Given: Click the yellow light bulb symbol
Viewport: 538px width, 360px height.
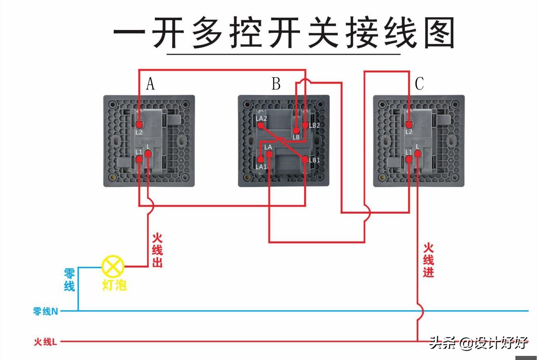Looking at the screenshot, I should coord(113,266).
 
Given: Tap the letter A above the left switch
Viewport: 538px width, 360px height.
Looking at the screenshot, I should coord(150,84).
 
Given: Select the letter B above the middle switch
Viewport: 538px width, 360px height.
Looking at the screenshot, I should coord(276,84).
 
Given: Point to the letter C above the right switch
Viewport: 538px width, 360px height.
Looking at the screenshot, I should coord(419,84).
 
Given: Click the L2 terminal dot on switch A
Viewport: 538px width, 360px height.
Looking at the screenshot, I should coord(139,124).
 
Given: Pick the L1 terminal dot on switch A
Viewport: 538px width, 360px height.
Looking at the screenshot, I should coord(139,159).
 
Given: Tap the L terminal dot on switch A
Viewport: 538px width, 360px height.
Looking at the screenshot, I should coord(148,154).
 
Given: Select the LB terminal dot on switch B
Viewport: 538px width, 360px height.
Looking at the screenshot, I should coord(296,131).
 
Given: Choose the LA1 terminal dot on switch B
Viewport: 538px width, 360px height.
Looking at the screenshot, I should coord(260,159).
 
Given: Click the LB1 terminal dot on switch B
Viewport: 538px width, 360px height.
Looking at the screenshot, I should coord(305,159).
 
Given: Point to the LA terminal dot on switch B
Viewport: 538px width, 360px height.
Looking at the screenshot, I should coord(269,154).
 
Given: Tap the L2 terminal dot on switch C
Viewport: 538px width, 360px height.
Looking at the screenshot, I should coord(409,124).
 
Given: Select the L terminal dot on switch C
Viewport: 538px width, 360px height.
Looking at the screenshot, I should coord(418,154).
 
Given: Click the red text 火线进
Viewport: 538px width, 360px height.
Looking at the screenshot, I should coord(429,260).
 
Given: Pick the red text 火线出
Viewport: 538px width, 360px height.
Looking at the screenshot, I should coord(157,250).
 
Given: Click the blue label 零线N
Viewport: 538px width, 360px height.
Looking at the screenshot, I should coord(45,312).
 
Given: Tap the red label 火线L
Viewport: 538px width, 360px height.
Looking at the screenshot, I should coord(45,342).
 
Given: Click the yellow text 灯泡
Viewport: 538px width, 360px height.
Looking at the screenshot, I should coord(114,285).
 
